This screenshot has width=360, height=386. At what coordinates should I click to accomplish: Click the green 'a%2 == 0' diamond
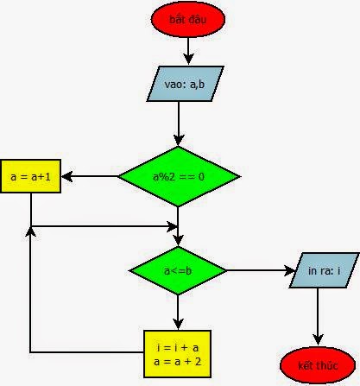pos(179,176)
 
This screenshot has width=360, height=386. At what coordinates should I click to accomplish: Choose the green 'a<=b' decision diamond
pos(178,271)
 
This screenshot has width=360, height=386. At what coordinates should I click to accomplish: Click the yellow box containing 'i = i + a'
pos(177,352)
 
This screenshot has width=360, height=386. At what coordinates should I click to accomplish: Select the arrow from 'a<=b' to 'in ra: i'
pos(259,271)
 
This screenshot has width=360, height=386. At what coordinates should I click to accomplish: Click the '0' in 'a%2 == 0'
pos(202,177)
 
